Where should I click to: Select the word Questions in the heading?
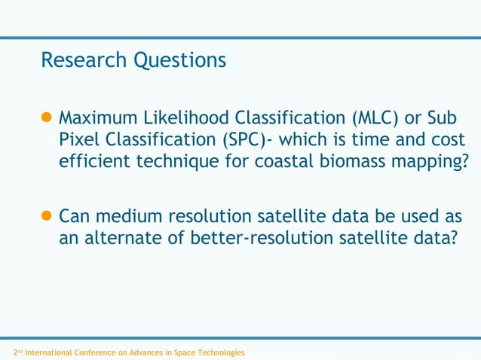179,60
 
